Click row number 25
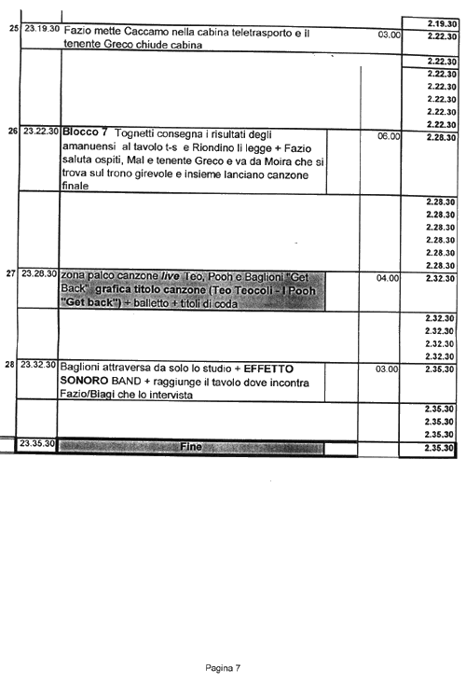(x=14, y=29)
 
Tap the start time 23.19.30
(x=42, y=29)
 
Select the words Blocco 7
(x=85, y=132)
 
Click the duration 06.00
(x=389, y=136)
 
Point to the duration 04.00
(x=388, y=278)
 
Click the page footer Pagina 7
(x=223, y=668)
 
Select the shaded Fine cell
(x=191, y=447)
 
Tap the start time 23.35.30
(x=37, y=443)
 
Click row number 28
(x=9, y=365)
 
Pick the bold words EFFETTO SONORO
(x=176, y=374)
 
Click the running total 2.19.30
(x=442, y=24)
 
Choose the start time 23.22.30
(x=41, y=131)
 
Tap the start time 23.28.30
(x=39, y=273)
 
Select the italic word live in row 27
(x=171, y=276)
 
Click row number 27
(x=11, y=273)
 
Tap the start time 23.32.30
(x=38, y=365)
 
